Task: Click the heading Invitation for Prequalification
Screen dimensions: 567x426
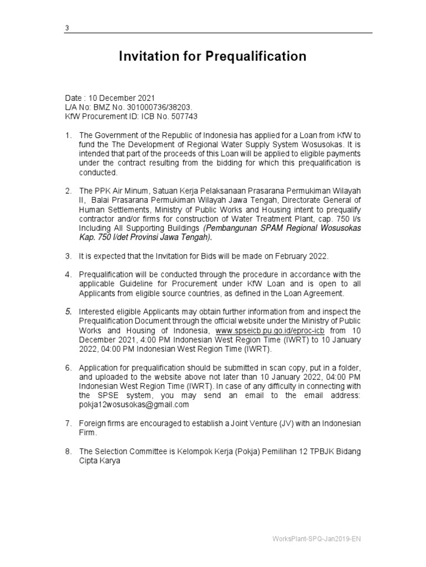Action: tap(212, 56)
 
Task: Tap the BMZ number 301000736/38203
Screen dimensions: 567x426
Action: tap(153, 107)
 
